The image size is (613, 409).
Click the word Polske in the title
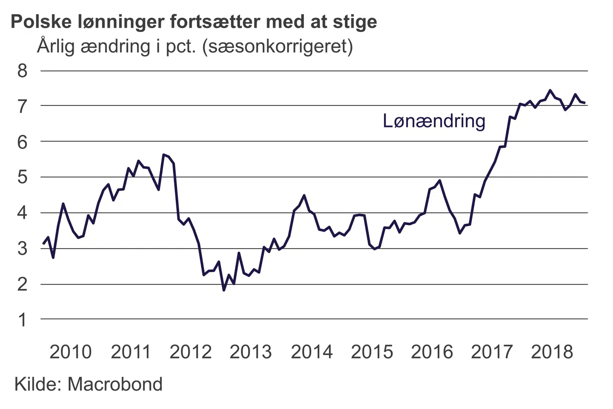41,22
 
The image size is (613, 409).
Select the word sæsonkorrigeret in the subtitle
277,46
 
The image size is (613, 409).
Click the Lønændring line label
434,121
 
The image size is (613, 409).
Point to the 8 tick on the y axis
22,71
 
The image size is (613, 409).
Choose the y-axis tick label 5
22,177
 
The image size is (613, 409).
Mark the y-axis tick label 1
22,320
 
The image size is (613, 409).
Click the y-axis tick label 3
22,248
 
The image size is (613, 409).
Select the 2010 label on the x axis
71,352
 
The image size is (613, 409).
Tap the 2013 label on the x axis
251,352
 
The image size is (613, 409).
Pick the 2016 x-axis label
432,352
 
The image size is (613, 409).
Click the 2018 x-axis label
552,352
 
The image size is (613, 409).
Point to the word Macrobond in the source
115,384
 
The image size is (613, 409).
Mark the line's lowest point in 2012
224,290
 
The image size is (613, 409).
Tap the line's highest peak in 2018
550,90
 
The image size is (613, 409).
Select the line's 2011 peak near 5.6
164,155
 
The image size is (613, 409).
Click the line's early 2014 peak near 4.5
304,196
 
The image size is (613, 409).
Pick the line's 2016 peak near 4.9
440,181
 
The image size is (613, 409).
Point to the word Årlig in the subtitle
55,46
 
